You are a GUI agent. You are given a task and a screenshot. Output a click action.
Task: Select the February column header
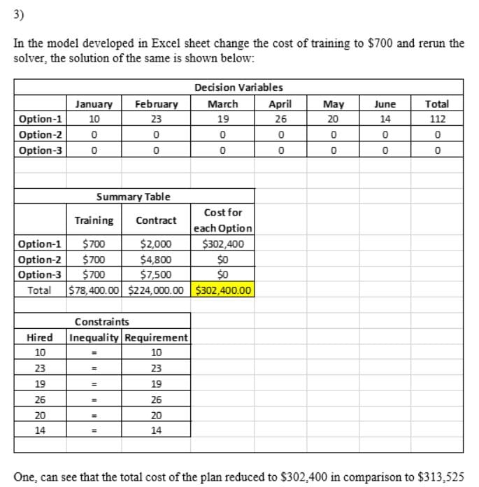156,104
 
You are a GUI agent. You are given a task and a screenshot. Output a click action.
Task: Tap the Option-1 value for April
280,118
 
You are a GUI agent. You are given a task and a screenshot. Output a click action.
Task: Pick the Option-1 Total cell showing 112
437,118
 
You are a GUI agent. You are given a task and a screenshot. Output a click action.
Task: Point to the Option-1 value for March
223,118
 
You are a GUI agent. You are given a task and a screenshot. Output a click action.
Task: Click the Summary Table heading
133,198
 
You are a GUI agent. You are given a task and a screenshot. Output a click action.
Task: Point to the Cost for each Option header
223,220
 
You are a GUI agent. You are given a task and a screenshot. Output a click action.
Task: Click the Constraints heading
101,322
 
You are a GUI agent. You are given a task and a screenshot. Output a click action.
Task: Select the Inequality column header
96,337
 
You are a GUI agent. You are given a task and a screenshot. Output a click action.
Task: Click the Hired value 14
41,430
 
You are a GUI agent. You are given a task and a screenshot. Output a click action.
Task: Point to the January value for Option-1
94,118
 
